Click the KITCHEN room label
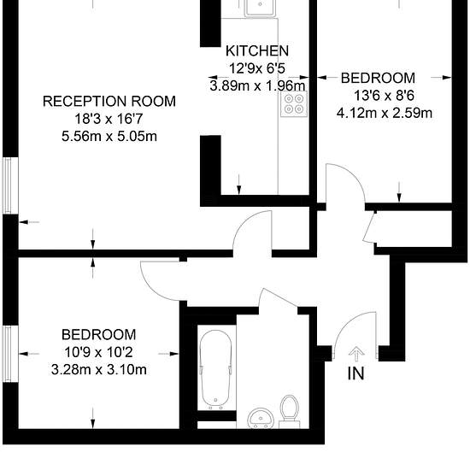click(256, 51)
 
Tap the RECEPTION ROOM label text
click(109, 102)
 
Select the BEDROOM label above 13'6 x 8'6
click(378, 79)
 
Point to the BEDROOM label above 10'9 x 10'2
click(98, 334)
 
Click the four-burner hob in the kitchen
click(294, 104)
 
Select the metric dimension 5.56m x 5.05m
click(109, 137)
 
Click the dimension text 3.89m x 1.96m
click(256, 85)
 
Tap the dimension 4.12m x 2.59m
click(387, 113)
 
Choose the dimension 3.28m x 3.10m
click(98, 369)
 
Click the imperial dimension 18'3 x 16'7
click(109, 119)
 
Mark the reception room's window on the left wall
click(9, 185)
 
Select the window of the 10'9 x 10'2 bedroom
click(9, 353)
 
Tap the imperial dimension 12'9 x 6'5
click(258, 68)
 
